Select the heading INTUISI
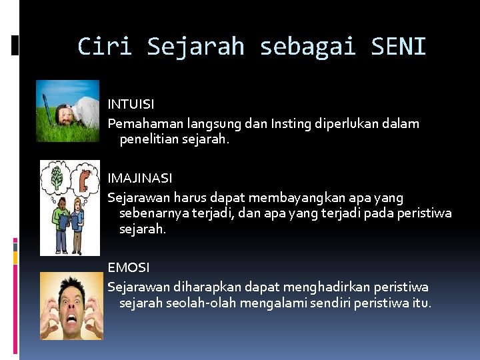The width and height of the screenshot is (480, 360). point(131,104)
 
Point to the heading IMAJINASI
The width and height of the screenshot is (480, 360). point(140,178)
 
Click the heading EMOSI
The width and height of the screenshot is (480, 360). point(129,267)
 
